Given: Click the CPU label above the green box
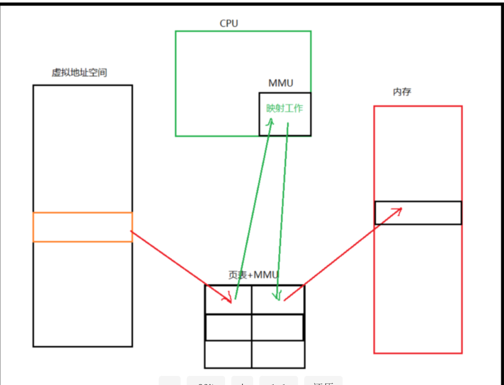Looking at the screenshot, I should pos(229,23).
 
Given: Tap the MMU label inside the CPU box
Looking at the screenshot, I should pos(281,83).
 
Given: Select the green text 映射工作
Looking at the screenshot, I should pos(284,108).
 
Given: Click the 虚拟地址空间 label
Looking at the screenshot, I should pos(79,73).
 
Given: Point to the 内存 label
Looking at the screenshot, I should pos(402,92).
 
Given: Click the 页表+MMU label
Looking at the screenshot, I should pos(253,275).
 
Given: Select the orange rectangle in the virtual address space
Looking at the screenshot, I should pos(82,227).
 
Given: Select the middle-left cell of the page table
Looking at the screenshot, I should pos(228,328).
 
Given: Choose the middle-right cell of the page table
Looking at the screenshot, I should pos(277,328).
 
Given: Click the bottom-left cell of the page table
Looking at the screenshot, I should pos(228,354).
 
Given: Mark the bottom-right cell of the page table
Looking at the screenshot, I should pos(278,354).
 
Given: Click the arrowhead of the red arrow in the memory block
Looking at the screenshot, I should pos(398,210).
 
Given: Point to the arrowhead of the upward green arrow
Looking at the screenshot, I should pos(271,120).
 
